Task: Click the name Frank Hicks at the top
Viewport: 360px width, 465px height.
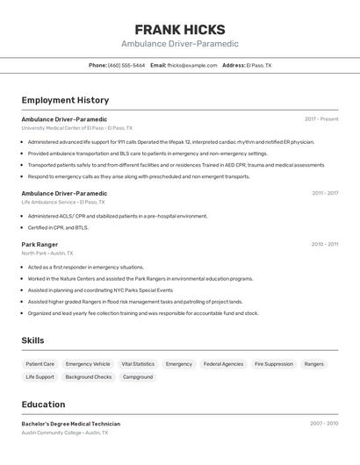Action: [x=180, y=29]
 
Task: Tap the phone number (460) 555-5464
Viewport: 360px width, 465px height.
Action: [x=126, y=65]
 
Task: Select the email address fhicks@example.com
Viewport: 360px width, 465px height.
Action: [x=191, y=65]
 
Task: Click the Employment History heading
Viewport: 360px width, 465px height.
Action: [x=65, y=100]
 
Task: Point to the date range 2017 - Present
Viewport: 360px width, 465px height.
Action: [x=321, y=119]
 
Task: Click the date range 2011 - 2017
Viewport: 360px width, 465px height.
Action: [x=325, y=193]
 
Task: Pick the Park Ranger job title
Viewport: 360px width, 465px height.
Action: [x=40, y=245]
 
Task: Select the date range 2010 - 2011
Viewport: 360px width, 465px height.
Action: [x=325, y=245]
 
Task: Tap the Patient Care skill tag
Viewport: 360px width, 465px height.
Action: [x=40, y=363]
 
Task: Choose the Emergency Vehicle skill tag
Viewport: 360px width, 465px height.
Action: [x=88, y=363]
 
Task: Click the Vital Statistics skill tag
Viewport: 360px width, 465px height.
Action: [x=138, y=363]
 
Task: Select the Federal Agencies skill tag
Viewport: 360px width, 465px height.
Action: [x=223, y=363]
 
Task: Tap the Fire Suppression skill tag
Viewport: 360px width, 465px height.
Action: [x=274, y=363]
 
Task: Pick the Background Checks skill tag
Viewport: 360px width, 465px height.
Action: [x=89, y=377]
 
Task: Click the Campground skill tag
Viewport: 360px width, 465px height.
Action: [x=138, y=377]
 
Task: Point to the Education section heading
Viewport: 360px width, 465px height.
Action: [x=43, y=404]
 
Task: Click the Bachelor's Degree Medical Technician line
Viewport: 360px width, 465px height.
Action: [x=71, y=424]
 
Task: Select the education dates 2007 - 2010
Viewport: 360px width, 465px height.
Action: [x=324, y=424]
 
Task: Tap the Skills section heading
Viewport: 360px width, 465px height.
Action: [x=33, y=340]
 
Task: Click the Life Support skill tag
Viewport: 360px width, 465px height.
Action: [x=40, y=377]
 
